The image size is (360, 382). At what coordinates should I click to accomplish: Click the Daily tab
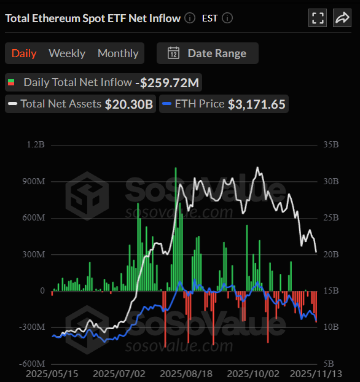point(24,53)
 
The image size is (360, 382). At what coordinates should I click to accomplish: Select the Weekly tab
point(67,53)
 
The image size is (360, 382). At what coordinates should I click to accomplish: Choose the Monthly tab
point(118,53)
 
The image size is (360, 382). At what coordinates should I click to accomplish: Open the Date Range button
point(208,53)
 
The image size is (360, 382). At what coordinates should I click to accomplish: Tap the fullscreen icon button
point(318,18)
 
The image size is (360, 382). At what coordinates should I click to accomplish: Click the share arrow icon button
point(342,18)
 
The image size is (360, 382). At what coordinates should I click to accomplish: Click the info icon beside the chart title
point(190,18)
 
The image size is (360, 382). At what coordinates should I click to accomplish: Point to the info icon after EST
point(227,18)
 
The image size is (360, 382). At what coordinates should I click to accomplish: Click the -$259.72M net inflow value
point(167,82)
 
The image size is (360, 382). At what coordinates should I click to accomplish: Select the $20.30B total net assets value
point(129,104)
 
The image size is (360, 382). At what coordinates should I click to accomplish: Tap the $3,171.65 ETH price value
point(257,104)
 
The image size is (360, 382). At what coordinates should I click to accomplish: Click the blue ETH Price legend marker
point(166,104)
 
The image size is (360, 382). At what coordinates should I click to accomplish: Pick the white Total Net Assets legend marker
point(12,104)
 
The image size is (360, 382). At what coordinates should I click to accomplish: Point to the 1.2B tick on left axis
point(36,146)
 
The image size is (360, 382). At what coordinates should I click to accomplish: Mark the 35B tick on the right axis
point(331,146)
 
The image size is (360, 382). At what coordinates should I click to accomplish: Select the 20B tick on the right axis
point(331,254)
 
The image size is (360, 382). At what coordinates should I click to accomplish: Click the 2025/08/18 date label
point(184,373)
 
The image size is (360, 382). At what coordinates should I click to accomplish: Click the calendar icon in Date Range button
point(174,53)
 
